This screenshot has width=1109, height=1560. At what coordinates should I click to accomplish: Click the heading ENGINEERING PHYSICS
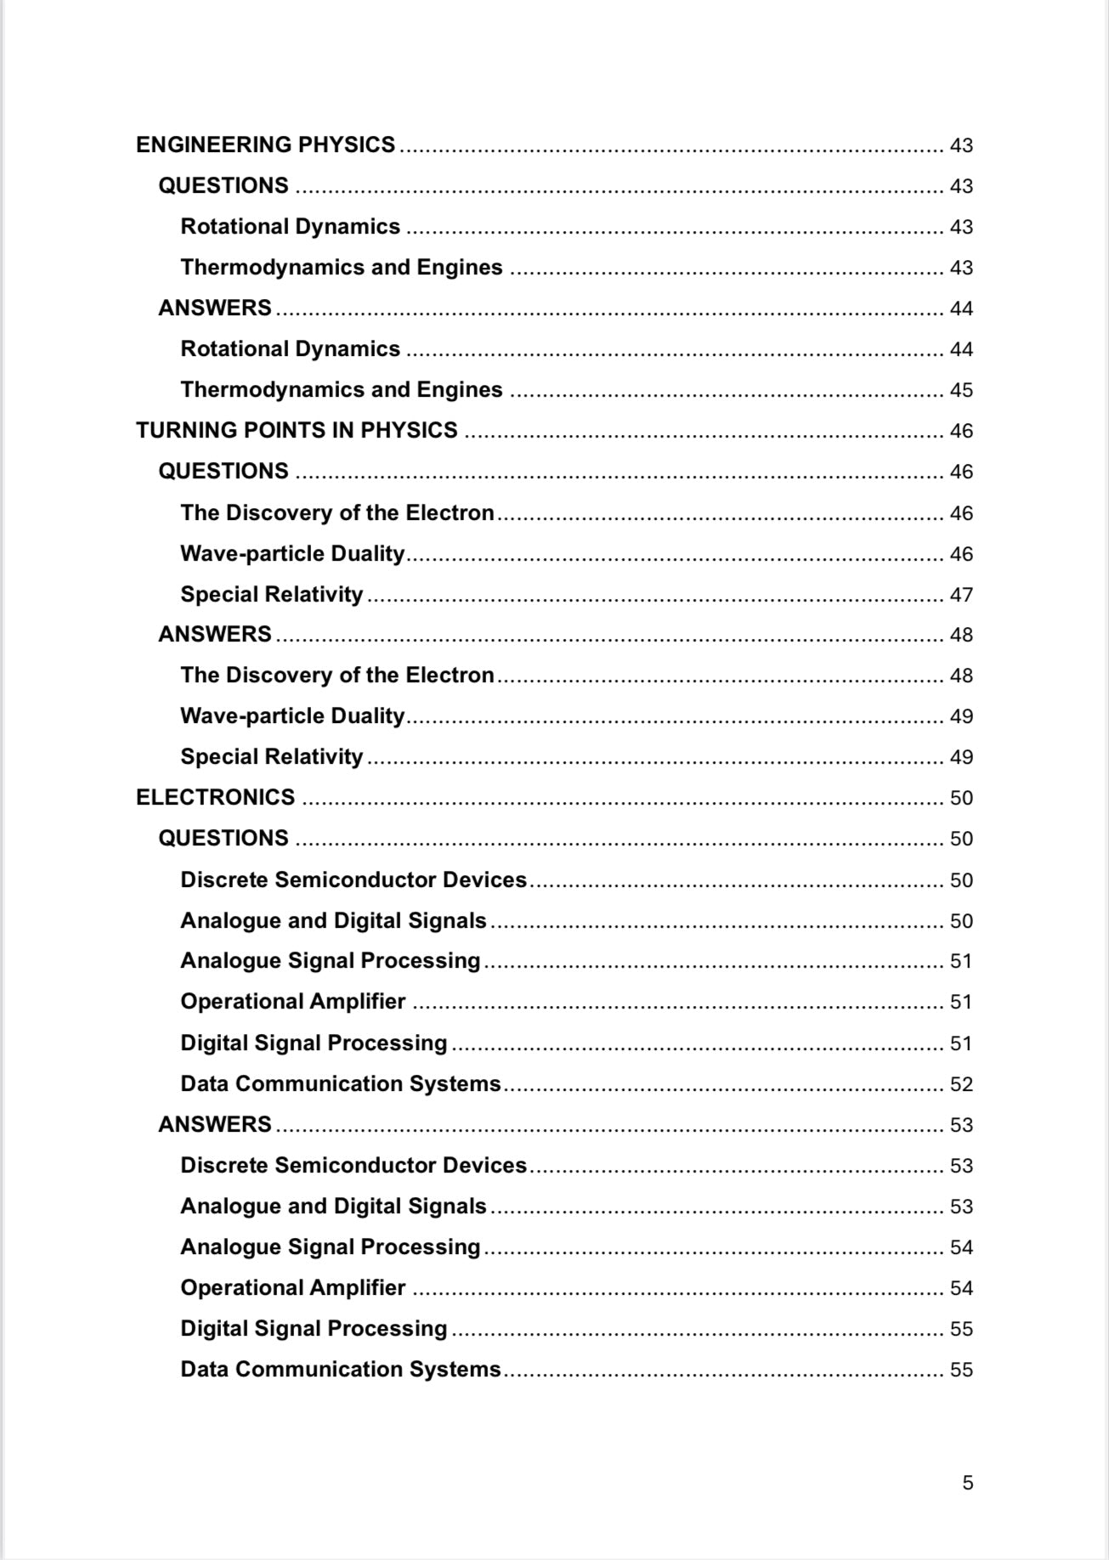[265, 145]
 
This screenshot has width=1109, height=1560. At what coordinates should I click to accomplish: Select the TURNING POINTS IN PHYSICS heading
[297, 431]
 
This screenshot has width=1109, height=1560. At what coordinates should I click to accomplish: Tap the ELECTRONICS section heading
[215, 798]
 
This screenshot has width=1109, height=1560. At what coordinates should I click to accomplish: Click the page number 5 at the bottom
[967, 1483]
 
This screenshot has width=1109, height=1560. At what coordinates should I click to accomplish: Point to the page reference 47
[960, 595]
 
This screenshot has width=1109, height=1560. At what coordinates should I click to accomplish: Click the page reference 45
[960, 390]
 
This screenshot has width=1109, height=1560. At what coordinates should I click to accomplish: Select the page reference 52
[960, 1084]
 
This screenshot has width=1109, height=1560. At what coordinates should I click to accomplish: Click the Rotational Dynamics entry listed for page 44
[290, 349]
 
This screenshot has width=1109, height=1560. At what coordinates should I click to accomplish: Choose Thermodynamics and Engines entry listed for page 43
[341, 268]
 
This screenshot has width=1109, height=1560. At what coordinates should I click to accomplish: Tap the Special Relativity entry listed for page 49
[271, 757]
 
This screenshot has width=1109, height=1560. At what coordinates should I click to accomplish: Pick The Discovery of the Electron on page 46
[337, 513]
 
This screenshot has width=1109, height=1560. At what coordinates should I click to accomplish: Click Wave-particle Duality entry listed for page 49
[291, 716]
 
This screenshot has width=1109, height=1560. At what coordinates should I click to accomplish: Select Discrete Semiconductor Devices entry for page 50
[353, 879]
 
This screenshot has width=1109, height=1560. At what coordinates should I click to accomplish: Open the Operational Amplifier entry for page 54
[292, 1288]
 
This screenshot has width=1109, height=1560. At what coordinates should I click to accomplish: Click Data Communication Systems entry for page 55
[340, 1370]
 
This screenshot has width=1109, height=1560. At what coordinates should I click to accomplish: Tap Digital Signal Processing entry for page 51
[313, 1043]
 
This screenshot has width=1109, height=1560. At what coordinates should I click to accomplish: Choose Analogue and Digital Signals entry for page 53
[333, 1207]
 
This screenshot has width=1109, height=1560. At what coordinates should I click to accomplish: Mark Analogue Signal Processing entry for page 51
[330, 961]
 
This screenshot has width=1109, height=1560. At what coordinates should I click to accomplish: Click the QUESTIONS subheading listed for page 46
[223, 472]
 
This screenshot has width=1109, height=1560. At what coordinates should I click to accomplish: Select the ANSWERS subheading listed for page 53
[214, 1125]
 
